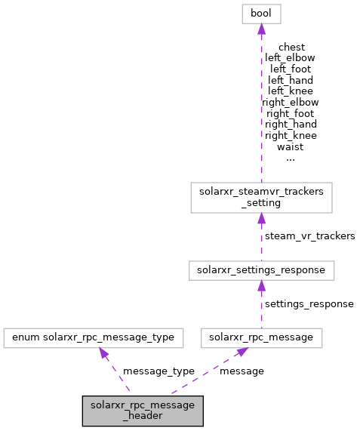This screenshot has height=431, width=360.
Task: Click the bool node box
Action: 260,14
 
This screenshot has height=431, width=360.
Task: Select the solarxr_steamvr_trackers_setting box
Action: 260,197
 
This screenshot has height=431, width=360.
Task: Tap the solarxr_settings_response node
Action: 260,269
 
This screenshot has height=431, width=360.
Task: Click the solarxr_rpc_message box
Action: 261,337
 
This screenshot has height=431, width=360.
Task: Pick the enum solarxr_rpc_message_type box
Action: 94,337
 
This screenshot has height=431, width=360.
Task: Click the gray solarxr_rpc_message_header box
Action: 143,409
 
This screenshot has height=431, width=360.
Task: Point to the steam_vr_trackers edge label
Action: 309,236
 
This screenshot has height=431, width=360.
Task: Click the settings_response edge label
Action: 309,303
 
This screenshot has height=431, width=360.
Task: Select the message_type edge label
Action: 158,371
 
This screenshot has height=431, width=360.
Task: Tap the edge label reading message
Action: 242,371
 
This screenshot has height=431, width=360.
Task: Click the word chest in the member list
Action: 291,46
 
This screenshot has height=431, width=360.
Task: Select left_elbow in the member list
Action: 291,57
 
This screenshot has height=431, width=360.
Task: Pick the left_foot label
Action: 291,69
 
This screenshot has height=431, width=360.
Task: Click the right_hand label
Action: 291,124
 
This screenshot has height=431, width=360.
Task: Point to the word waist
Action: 291,146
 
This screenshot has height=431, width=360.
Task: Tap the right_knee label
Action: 291,135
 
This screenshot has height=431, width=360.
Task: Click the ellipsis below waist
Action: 291,158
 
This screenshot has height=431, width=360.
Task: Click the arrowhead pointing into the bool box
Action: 260,29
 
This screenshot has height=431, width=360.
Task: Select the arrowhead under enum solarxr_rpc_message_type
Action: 103,353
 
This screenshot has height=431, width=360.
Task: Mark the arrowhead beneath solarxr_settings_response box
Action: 260,285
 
